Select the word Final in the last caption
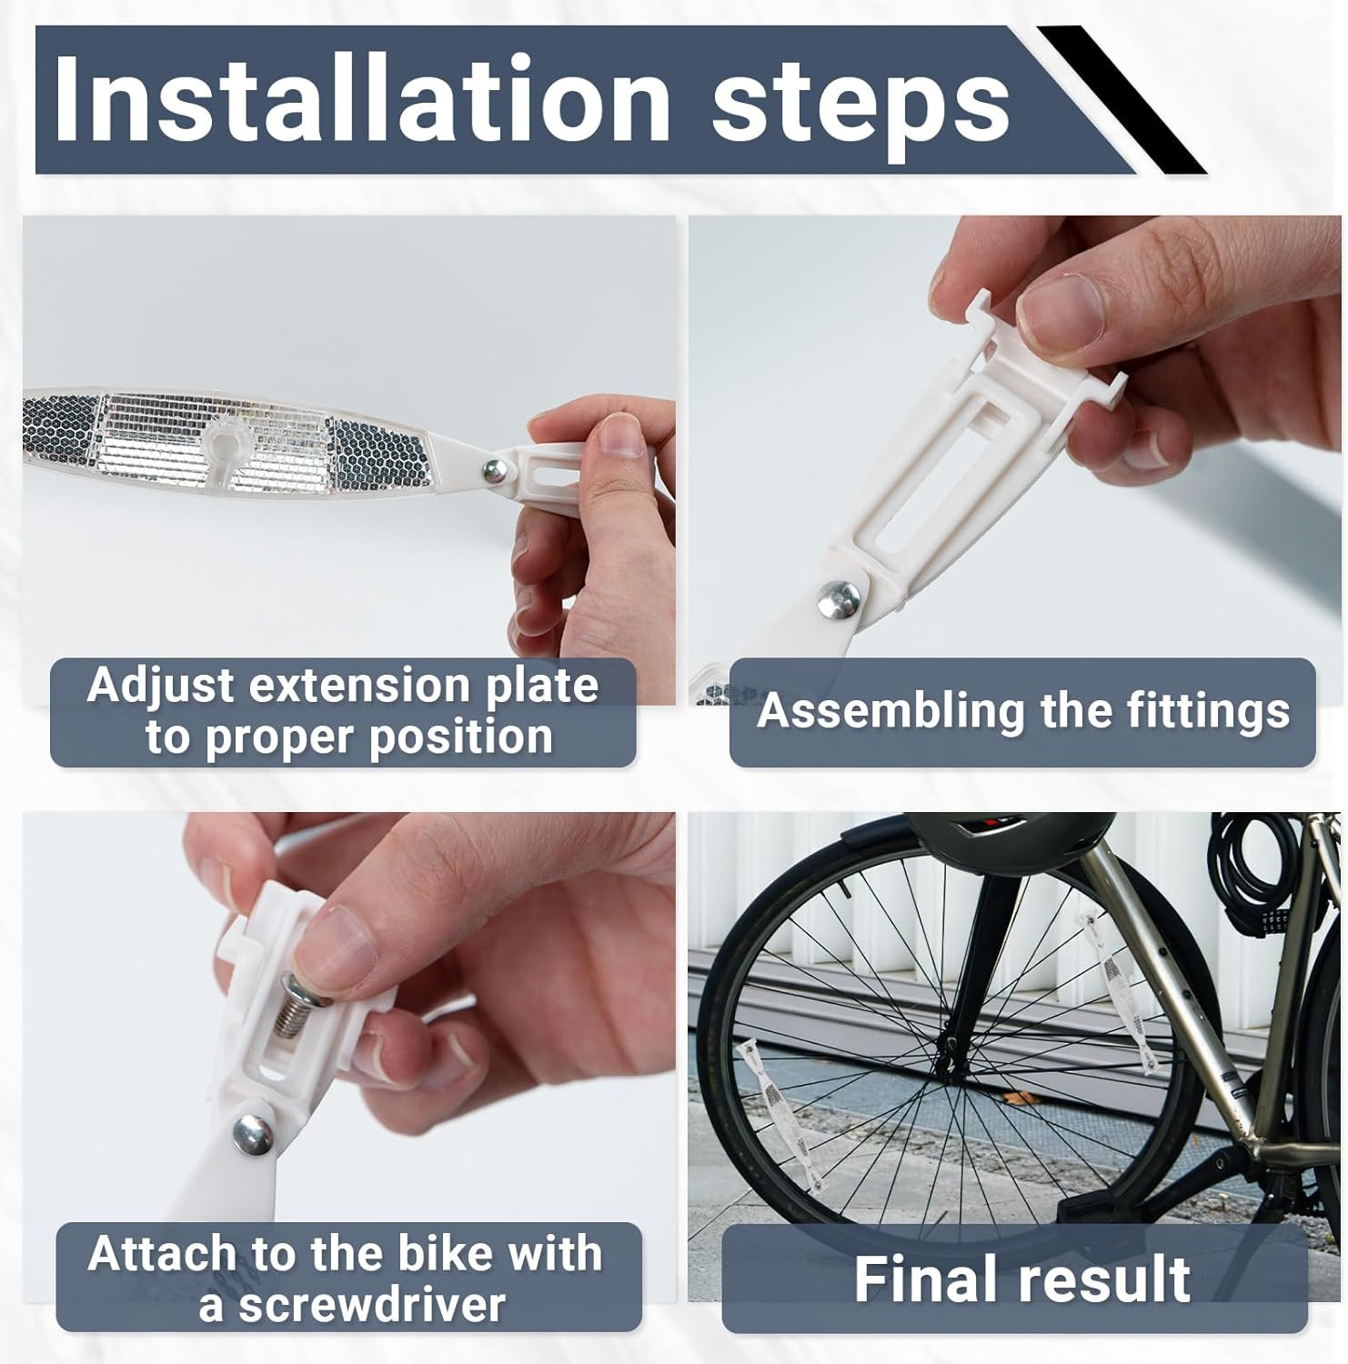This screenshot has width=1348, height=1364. [x=928, y=1279]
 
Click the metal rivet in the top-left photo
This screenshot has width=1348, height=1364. [x=495, y=469]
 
